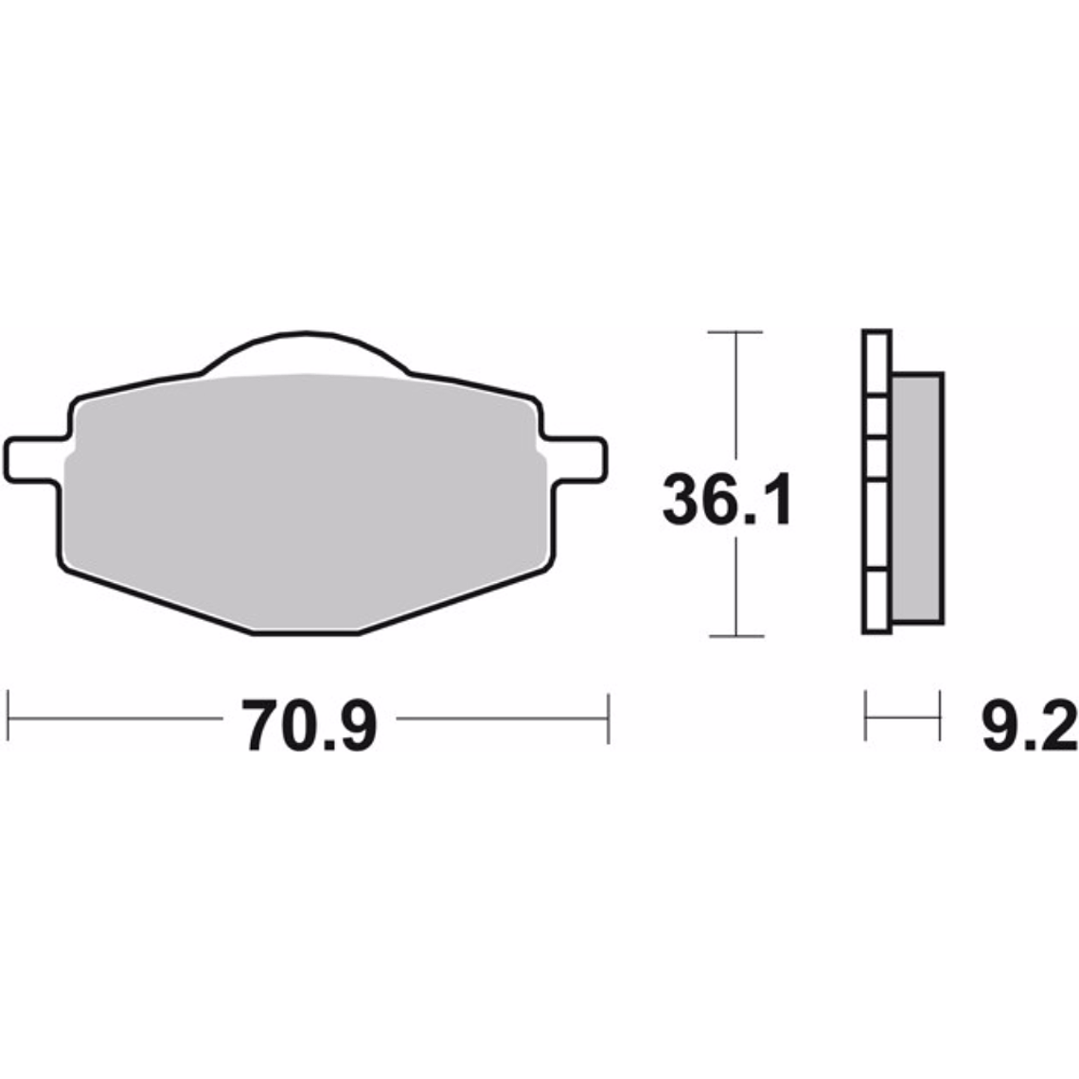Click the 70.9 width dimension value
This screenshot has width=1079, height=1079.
310,726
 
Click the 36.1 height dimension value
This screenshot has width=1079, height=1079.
726,502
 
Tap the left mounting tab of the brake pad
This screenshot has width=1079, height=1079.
33,459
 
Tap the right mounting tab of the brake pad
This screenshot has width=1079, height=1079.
577,458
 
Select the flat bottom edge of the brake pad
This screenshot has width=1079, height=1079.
306,633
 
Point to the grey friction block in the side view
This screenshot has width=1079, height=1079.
917,497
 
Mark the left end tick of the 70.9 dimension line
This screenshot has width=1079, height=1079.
9,718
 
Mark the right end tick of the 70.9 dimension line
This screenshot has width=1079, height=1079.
607,718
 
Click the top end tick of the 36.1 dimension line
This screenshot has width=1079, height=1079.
735,332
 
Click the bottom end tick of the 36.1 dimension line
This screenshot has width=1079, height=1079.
735,634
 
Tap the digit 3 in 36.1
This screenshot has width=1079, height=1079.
683,502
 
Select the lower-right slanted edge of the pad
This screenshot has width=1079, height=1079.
454,601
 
